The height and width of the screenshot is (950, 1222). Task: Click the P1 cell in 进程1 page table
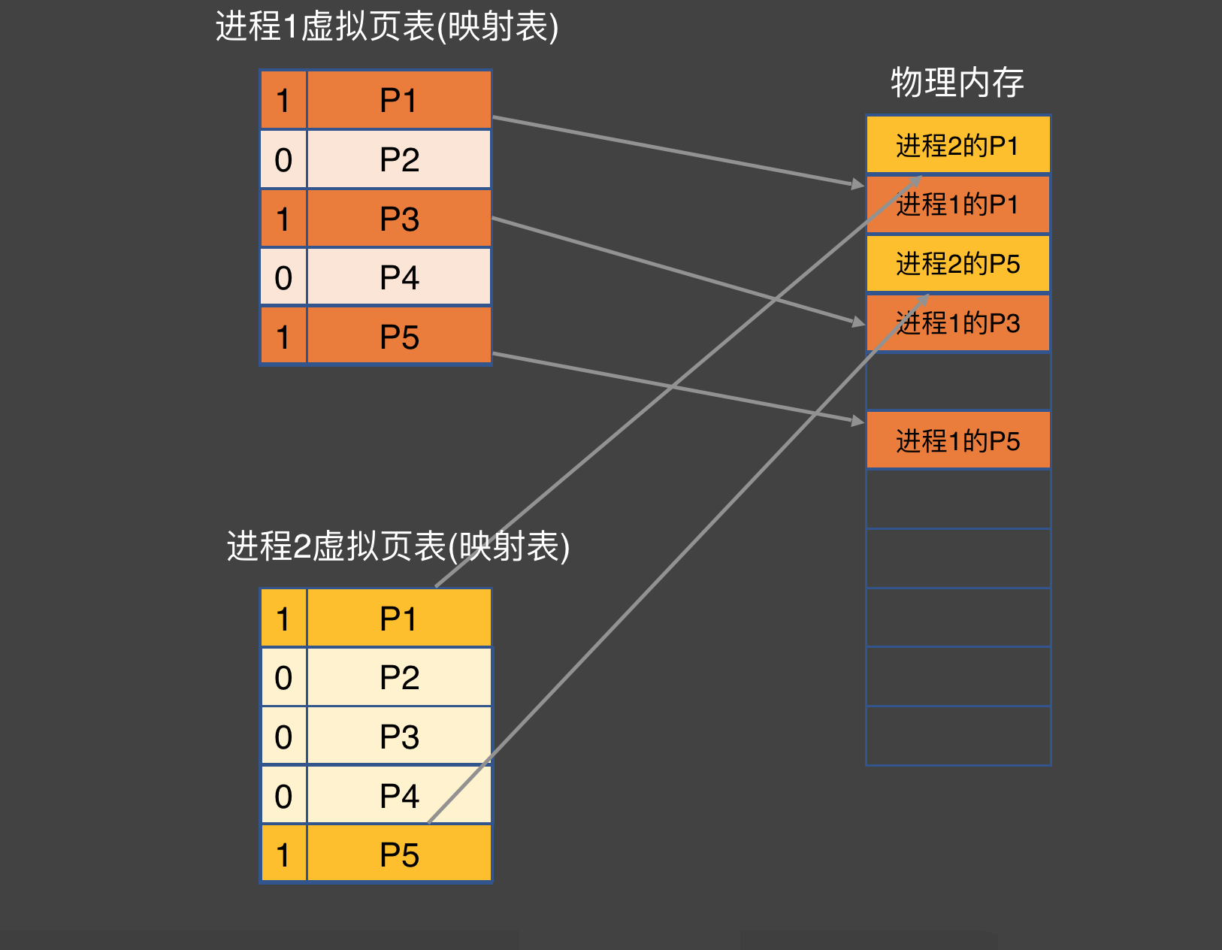point(398,100)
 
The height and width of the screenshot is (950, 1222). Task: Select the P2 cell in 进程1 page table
point(398,159)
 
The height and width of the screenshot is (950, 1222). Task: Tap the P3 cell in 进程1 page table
point(398,219)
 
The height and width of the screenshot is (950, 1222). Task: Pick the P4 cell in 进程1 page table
point(398,277)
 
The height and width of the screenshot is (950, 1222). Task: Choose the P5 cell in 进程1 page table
point(398,337)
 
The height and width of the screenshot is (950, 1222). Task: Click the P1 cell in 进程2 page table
point(398,619)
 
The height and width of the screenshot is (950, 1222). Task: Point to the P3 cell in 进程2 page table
point(398,737)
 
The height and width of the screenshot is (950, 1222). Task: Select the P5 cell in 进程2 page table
point(398,855)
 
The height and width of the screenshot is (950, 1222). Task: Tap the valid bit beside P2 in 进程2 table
point(283,678)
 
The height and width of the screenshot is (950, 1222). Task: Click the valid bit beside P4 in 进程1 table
point(283,277)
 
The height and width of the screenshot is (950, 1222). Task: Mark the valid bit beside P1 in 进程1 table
point(283,100)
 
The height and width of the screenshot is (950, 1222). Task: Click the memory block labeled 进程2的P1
point(957,145)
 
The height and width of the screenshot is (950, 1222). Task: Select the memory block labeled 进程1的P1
point(957,204)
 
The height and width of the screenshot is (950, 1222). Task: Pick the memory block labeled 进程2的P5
point(957,264)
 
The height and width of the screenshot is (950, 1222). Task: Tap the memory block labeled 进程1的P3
point(957,323)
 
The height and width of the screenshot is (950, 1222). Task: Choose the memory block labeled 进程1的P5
point(957,440)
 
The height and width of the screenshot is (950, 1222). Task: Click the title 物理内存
point(957,82)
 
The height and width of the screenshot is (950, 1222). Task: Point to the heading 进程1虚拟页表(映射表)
point(387,26)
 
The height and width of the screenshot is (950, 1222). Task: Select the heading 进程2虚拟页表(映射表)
point(398,546)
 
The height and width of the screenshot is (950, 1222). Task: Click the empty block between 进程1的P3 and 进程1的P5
point(957,382)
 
